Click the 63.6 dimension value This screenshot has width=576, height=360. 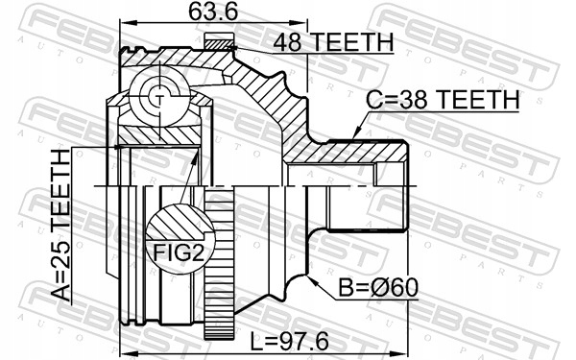tap(213, 12)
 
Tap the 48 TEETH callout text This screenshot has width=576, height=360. tap(333, 42)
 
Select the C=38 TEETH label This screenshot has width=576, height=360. tap(443, 99)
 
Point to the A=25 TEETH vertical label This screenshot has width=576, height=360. tap(60, 226)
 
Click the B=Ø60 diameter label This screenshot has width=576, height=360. tap(378, 287)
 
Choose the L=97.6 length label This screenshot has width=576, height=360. tap(289, 342)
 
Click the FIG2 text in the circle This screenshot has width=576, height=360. tap(179, 252)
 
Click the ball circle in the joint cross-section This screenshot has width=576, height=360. tap(159, 97)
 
